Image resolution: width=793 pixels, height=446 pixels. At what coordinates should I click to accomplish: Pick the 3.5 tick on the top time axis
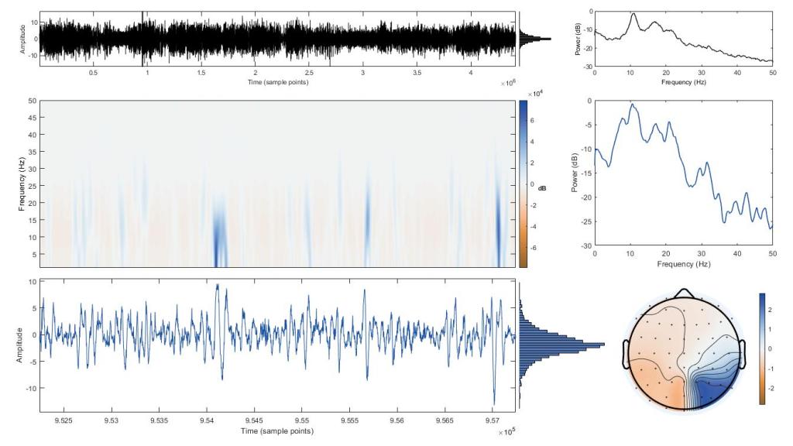click(x=417, y=74)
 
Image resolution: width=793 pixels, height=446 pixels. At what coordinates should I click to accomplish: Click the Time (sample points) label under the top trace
click(x=277, y=82)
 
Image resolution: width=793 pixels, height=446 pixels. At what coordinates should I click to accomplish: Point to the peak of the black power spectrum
click(x=633, y=14)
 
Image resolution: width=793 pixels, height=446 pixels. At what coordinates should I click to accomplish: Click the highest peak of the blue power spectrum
click(x=632, y=105)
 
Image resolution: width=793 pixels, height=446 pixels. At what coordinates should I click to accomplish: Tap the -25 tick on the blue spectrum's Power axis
click(x=585, y=221)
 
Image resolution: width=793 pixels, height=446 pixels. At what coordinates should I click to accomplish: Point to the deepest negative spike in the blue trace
click(x=494, y=402)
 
